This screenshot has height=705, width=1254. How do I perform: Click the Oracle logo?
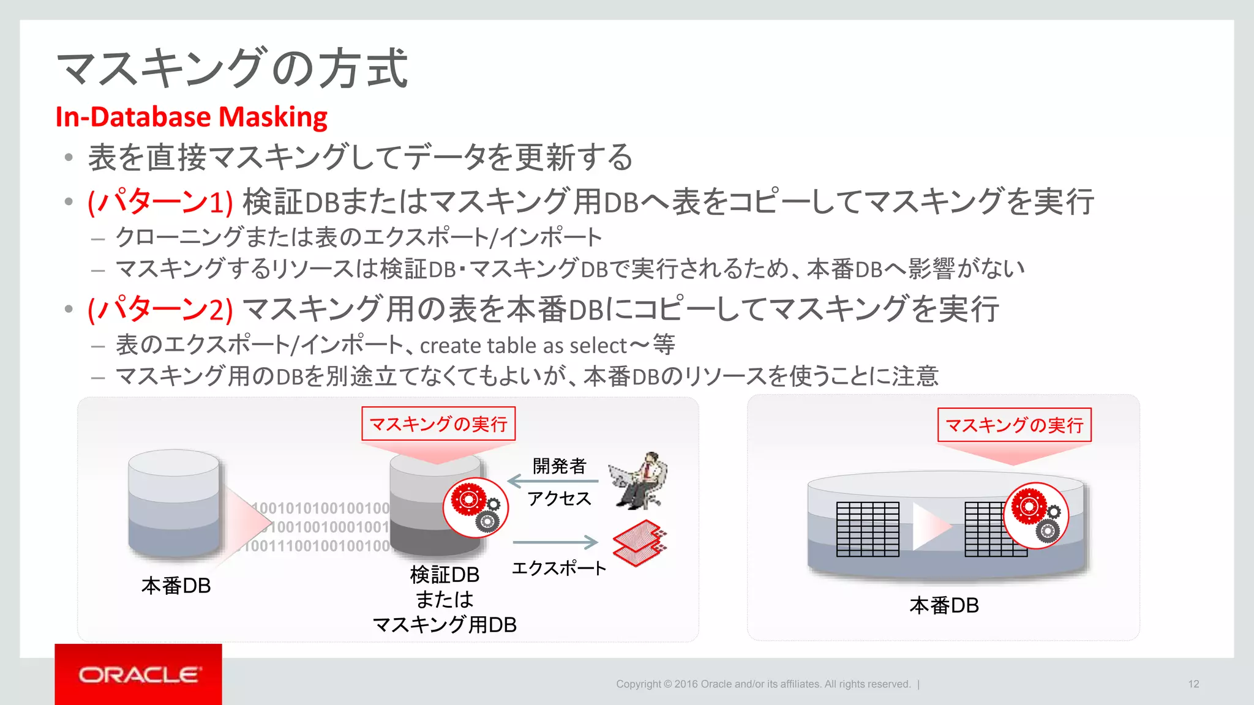tap(138, 674)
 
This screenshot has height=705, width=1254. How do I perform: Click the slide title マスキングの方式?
tap(232, 68)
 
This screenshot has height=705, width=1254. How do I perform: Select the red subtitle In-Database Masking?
tap(191, 117)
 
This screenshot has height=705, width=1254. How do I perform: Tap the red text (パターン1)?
tap(160, 201)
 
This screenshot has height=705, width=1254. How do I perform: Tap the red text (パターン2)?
tap(160, 308)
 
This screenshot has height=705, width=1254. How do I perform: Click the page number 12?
tap(1193, 684)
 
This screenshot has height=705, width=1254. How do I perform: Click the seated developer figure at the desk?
tap(640, 481)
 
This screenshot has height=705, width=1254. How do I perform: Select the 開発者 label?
tap(559, 466)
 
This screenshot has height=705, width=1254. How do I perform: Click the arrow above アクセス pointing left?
tap(552, 482)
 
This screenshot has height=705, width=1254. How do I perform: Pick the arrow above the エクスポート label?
tap(555, 542)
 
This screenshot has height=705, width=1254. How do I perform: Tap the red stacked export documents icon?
tap(639, 543)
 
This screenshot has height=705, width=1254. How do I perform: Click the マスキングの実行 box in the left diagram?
tap(438, 423)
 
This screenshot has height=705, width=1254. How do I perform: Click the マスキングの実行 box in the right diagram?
tap(1014, 425)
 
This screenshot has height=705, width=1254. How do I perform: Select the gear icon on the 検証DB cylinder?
tap(475, 507)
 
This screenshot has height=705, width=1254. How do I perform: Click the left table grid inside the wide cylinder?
tap(868, 529)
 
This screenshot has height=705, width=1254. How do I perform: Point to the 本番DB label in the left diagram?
tap(176, 586)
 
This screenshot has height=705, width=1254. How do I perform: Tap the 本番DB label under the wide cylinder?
tap(944, 605)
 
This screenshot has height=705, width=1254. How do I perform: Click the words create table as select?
tap(524, 346)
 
